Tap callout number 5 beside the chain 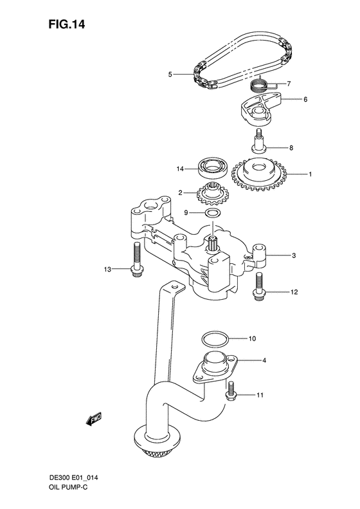click(170, 75)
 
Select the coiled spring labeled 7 click(259, 84)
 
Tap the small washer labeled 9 click(214, 212)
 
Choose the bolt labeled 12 click(258, 286)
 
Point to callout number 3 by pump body click(294, 256)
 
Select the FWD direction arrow click(93, 419)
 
